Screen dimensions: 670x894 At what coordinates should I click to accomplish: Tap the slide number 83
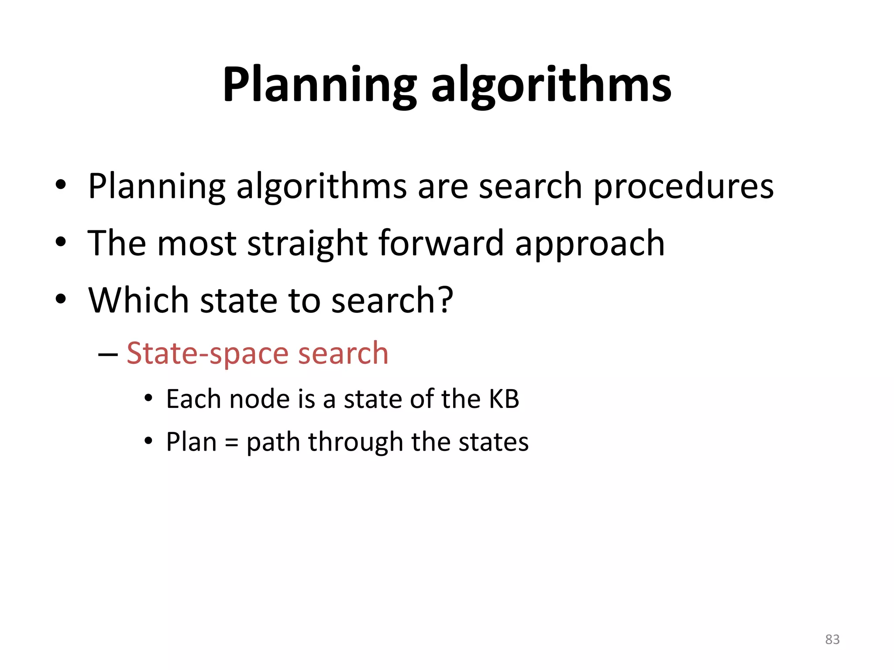(x=832, y=639)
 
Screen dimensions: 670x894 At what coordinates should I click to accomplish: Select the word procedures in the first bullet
(x=683, y=187)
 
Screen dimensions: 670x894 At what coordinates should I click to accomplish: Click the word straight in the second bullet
(x=307, y=243)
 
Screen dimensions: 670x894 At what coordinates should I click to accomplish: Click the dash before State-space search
(x=108, y=355)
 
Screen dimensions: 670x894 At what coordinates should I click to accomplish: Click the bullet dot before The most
(x=61, y=243)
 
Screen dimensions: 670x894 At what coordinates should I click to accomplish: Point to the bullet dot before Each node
(x=149, y=399)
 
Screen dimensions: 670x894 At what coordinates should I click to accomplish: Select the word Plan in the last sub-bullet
(x=191, y=442)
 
